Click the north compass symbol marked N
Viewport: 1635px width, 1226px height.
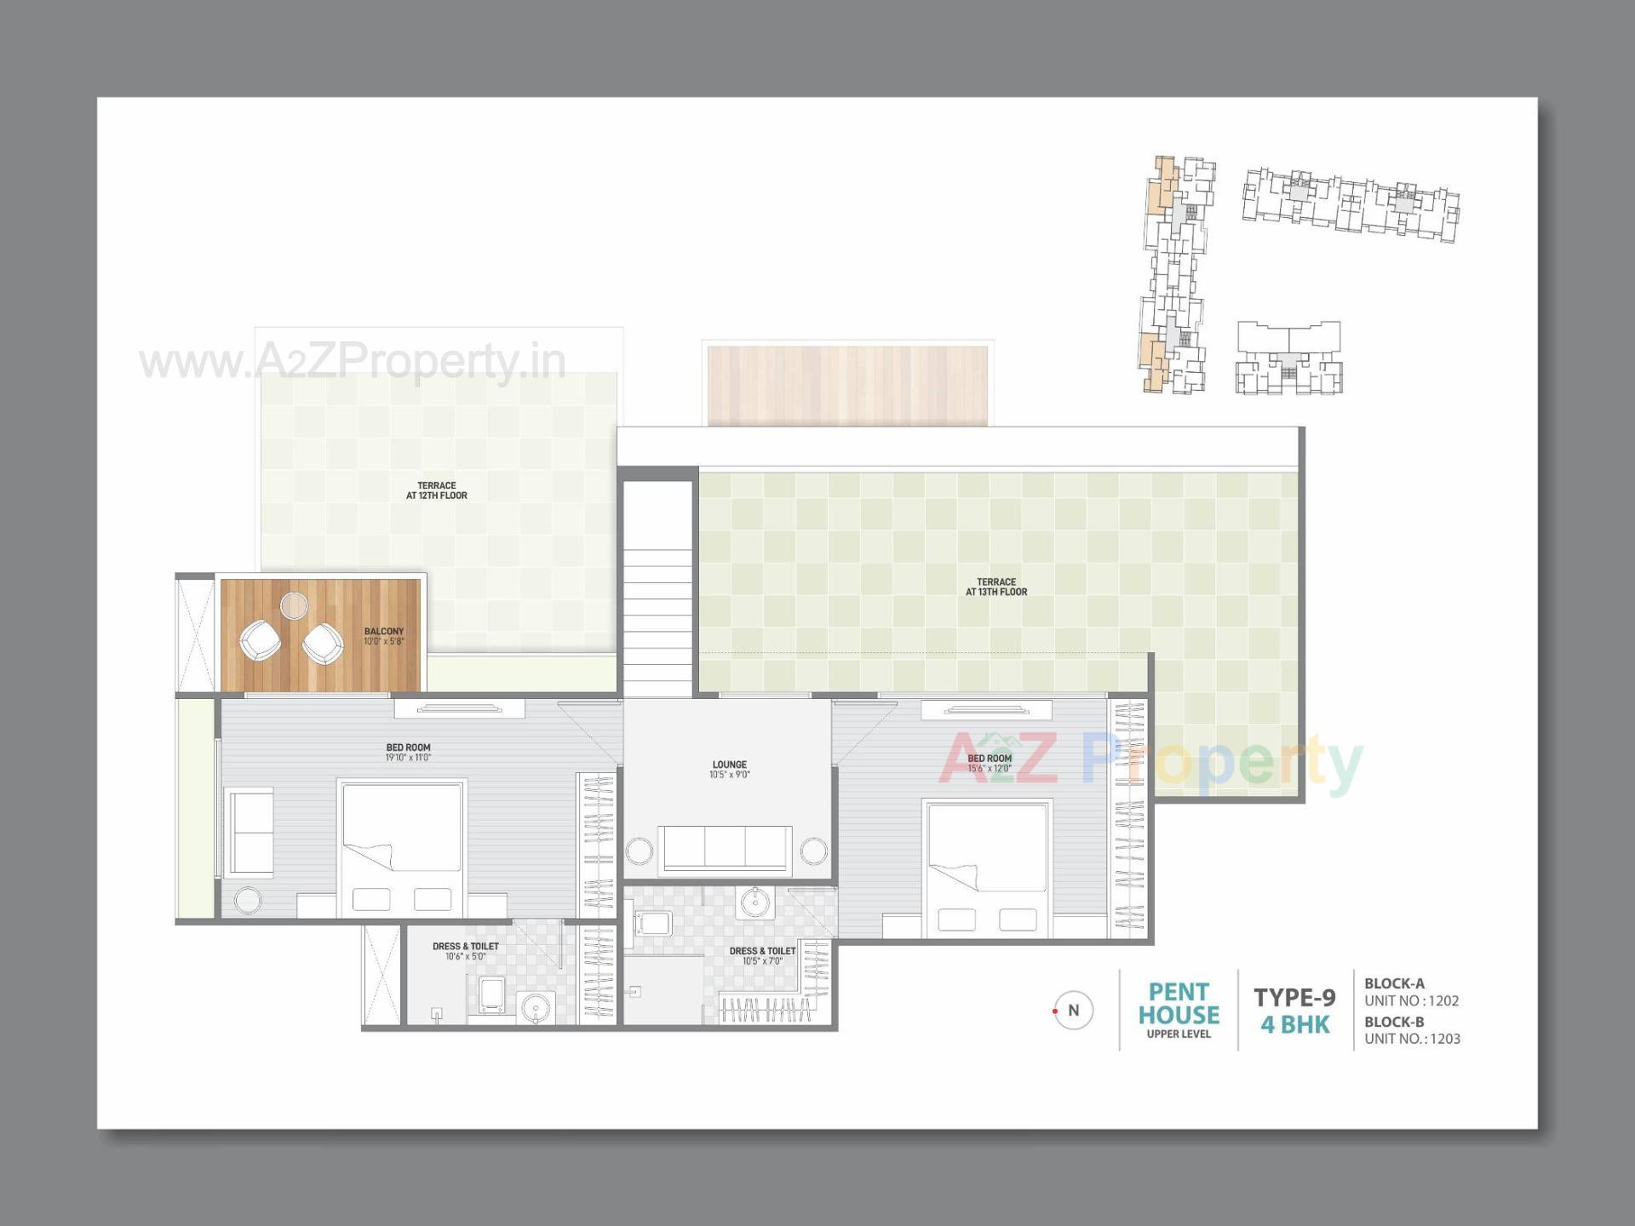pyautogui.click(x=1073, y=1011)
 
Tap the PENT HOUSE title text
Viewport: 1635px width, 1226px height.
pyautogui.click(x=1179, y=1004)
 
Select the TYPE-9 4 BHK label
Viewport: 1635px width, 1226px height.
pyautogui.click(x=1294, y=1011)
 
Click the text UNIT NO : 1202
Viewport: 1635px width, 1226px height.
pyautogui.click(x=1411, y=1001)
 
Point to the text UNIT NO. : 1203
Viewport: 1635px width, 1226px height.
pyautogui.click(x=1412, y=1039)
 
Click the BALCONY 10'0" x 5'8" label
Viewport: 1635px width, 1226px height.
pyautogui.click(x=384, y=636)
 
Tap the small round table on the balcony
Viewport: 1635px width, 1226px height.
pyautogui.click(x=294, y=605)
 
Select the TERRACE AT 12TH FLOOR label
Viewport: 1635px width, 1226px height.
pyautogui.click(x=437, y=490)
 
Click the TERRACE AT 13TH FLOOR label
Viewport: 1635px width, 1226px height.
pyautogui.click(x=996, y=587)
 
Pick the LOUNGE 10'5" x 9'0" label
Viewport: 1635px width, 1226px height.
pyautogui.click(x=730, y=770)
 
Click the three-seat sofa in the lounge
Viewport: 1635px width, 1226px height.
pyautogui.click(x=726, y=848)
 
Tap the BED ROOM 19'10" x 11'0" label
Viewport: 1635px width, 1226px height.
pyautogui.click(x=409, y=753)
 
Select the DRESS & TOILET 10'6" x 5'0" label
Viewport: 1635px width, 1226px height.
pyautogui.click(x=466, y=951)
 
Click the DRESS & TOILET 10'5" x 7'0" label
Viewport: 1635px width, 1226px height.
pyautogui.click(x=762, y=955)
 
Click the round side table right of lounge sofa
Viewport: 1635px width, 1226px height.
pyautogui.click(x=813, y=851)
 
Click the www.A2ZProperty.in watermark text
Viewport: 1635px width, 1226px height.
pyautogui.click(x=353, y=362)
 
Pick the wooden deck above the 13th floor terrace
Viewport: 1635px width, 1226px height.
pyautogui.click(x=847, y=385)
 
